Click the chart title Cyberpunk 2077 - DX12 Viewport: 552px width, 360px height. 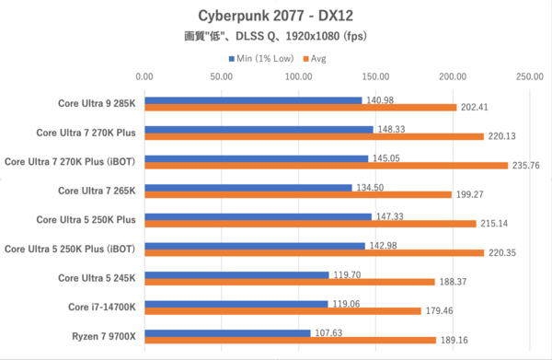point(275,16)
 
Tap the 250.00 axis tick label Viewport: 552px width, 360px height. point(528,76)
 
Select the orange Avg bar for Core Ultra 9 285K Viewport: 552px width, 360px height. point(300,108)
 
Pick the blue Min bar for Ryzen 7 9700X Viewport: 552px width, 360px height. point(227,333)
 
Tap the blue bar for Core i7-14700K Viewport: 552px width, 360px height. point(236,304)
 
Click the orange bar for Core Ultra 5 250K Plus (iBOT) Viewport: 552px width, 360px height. point(314,252)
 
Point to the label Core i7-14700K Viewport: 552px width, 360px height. point(103,307)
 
